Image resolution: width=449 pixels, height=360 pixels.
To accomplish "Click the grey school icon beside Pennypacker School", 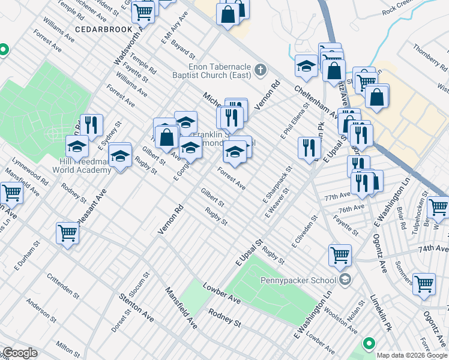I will (x=345, y=280).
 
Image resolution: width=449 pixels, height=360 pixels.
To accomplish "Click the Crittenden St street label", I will (x=62, y=287).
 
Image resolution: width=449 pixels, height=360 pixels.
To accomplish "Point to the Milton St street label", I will (x=67, y=348).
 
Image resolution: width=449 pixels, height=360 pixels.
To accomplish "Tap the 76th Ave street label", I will (x=352, y=208).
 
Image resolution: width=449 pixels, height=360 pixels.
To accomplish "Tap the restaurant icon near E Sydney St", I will (x=91, y=125).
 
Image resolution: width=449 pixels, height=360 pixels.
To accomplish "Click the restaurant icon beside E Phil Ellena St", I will (x=309, y=148).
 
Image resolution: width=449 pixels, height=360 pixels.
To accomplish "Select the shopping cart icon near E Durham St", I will (x=68, y=233).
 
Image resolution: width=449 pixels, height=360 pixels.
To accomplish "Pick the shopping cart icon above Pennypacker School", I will (x=340, y=256).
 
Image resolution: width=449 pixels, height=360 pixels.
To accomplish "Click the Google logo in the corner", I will (x=20, y=353).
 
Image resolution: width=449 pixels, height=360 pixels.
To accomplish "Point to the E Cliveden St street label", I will (x=303, y=233).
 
